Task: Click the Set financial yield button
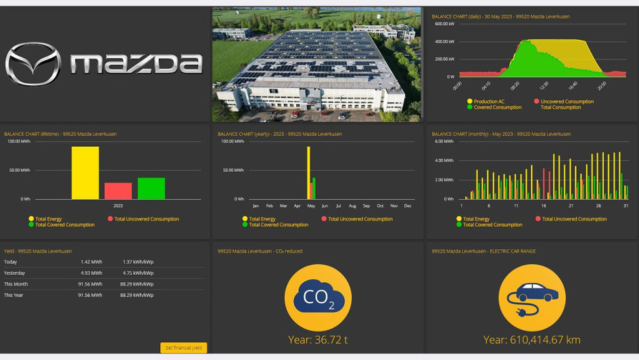tap(183, 348)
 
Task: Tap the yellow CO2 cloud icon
tap(318, 297)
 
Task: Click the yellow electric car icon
tap(531, 297)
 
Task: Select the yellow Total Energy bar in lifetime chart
tap(85, 173)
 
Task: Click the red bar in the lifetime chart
tap(118, 191)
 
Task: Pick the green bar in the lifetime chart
tap(151, 188)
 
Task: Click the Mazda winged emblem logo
tap(32, 64)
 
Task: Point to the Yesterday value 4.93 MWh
tap(91, 273)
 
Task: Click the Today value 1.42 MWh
tap(91, 262)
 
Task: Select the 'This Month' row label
tap(16, 284)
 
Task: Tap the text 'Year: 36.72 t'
tap(318, 340)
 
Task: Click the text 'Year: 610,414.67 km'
tap(531, 340)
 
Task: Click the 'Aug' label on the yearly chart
tap(352, 206)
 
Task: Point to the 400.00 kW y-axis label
tap(444, 41)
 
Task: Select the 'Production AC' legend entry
tap(488, 102)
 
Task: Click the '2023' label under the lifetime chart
tap(118, 206)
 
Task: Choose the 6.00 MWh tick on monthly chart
tap(444, 141)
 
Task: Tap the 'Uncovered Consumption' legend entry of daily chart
tap(567, 102)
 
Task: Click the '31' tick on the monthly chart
tap(626, 206)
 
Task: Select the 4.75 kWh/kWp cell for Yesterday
tap(138, 273)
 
